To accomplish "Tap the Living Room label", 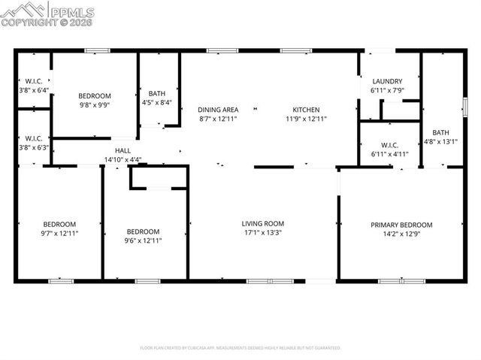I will click(262, 223).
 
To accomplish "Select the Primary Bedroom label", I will click(401, 225).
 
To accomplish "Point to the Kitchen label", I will click(306, 110).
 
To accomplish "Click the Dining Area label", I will click(218, 110).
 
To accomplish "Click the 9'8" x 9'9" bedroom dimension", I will click(95, 106).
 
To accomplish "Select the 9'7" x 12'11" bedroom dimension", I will click(59, 234).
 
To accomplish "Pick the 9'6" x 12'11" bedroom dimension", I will click(143, 241).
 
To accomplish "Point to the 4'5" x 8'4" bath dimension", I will click(157, 103).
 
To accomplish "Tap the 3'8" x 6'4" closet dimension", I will click(33, 89).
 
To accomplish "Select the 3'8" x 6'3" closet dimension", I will click(33, 147).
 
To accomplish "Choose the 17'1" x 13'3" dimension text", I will click(262, 232).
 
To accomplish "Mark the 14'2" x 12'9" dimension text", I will click(401, 234).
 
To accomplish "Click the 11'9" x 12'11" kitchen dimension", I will click(306, 119).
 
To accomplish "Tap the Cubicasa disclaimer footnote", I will click(240, 348).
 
